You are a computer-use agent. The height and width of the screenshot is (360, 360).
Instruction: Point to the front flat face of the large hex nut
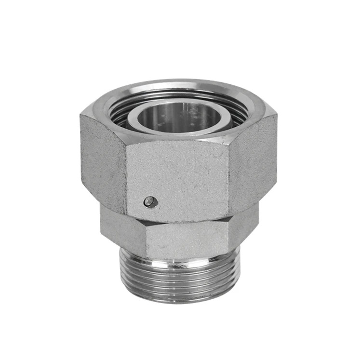(x=178, y=178)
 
